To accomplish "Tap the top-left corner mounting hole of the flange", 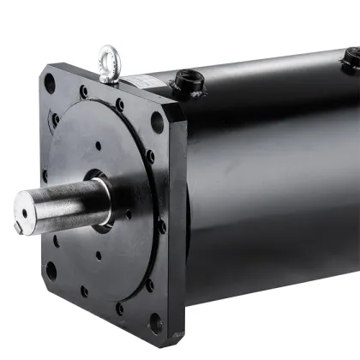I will (50, 84).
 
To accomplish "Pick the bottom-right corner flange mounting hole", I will (155, 323).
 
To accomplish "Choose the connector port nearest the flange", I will (188, 81).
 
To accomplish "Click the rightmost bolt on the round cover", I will (162, 227).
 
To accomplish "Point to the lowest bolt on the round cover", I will (119, 307).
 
